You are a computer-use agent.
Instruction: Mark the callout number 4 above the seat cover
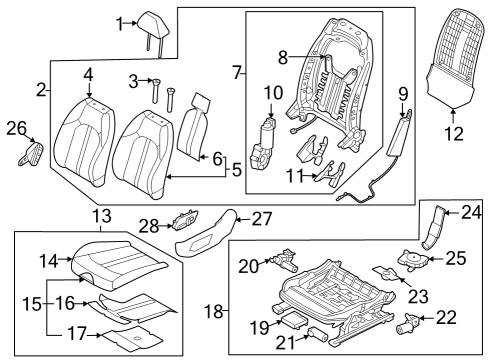pyautogui.click(x=88, y=74)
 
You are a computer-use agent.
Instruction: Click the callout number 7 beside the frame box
pyautogui.click(x=237, y=72)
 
